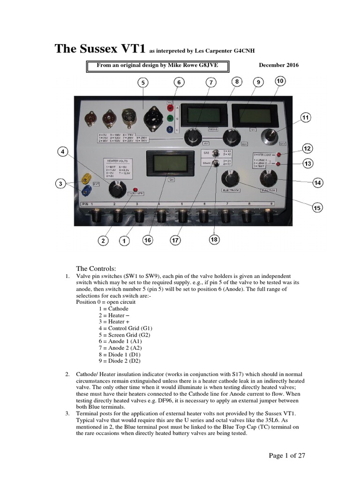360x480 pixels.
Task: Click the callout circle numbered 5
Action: pos(143,83)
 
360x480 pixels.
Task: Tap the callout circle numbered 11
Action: pos(306,118)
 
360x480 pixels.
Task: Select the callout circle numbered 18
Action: pos(214,240)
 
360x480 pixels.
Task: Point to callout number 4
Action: pos(64,152)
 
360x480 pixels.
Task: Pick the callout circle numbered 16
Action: pos(148,240)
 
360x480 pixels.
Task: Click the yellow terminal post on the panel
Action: pos(87,178)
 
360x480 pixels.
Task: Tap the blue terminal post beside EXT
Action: pos(87,190)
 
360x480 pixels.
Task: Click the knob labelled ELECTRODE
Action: pos(231,179)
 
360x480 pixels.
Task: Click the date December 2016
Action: pos(278,65)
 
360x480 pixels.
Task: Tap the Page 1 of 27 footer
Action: pos(287,455)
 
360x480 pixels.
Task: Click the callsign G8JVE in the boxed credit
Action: pos(215,65)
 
